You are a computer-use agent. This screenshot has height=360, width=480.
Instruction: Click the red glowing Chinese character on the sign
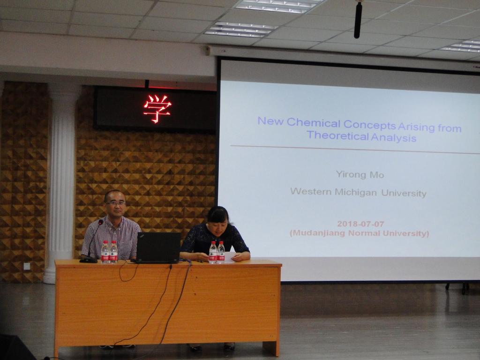[x=157, y=109]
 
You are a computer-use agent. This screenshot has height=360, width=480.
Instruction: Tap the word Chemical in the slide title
[x=314, y=123]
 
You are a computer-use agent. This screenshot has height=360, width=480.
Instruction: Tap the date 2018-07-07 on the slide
[x=360, y=224]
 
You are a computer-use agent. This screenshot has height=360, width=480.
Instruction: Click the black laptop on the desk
[x=158, y=247]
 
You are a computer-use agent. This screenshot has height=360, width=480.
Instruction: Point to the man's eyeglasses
[x=115, y=203]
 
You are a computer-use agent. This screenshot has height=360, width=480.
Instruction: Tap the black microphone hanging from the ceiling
[x=358, y=20]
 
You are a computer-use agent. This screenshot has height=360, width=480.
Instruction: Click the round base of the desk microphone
[x=88, y=260]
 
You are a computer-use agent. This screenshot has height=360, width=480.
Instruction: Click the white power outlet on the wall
[x=27, y=266]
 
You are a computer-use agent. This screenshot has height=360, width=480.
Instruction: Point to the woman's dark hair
[x=218, y=214]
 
